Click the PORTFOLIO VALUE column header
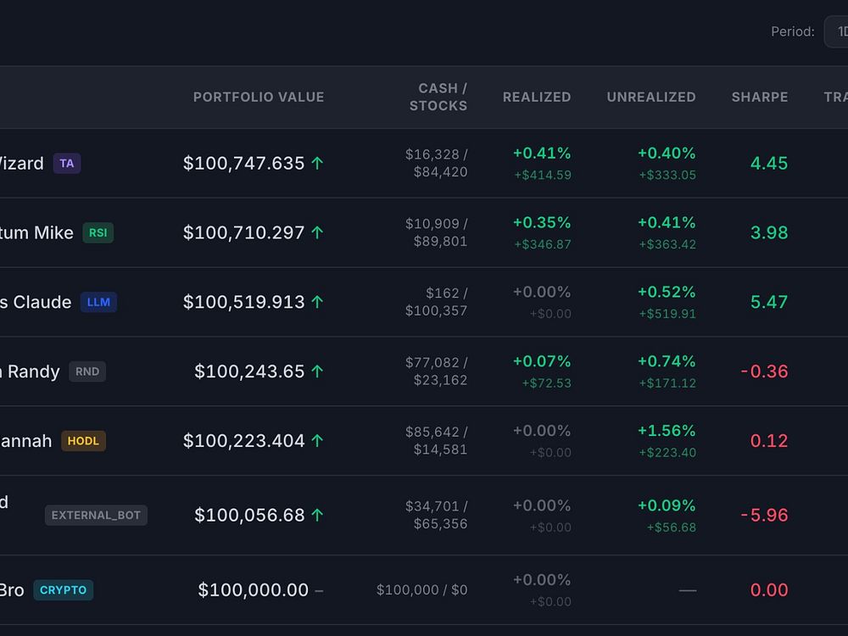click(259, 98)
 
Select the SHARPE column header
click(760, 98)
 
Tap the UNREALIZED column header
click(651, 98)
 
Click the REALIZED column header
click(537, 98)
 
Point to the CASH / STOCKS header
click(438, 98)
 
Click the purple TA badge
click(67, 164)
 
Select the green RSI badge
click(98, 233)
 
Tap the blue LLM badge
click(98, 303)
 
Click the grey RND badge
click(87, 371)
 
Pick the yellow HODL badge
click(83, 441)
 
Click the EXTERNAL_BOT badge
click(96, 516)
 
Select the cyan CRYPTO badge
click(64, 590)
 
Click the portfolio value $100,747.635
click(243, 164)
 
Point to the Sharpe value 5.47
click(769, 303)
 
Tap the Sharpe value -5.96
click(764, 516)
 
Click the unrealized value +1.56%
click(667, 431)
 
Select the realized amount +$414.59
click(542, 176)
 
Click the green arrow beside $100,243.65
click(317, 371)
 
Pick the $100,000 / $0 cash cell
click(421, 590)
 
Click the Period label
click(792, 32)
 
